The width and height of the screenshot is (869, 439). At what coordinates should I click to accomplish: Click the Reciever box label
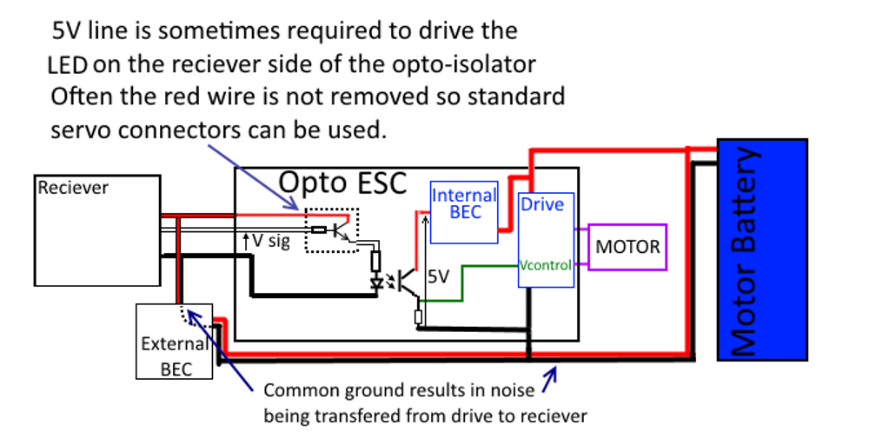tap(73, 188)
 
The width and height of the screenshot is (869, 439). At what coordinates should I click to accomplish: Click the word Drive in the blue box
tap(541, 205)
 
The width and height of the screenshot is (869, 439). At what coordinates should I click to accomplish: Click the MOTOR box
tap(627, 247)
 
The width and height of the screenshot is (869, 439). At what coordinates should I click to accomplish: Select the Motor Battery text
tap(746, 252)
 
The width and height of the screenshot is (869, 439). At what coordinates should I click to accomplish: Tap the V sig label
tap(270, 241)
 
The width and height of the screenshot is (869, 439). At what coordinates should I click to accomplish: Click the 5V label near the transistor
tap(440, 277)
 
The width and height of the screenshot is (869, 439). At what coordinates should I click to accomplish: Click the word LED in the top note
tap(68, 65)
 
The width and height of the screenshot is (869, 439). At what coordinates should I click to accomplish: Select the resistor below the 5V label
tap(419, 316)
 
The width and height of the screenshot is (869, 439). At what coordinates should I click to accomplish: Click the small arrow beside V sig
tap(245, 238)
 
